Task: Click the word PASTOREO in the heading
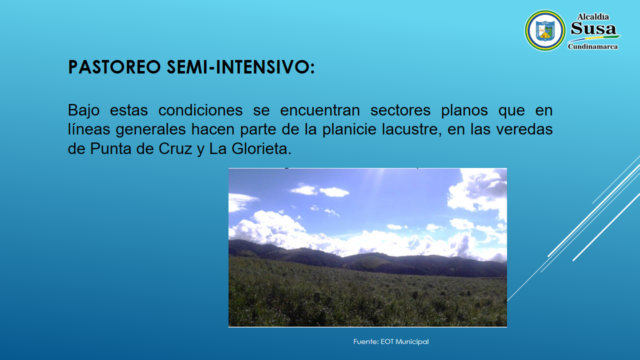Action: pos(114,67)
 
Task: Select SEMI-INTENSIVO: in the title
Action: pos(240,67)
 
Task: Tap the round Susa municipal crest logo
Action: pos(545,30)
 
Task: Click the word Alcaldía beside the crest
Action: pos(593,17)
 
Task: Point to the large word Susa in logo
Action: pos(593,29)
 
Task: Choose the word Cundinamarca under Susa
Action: pos(593,46)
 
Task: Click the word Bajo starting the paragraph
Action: pos(83,110)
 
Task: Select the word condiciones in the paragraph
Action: pos(200,110)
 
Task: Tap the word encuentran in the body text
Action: pos(320,110)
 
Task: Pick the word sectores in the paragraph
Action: pos(400,110)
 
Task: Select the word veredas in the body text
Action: pos(524,129)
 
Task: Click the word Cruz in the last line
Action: pos(175,149)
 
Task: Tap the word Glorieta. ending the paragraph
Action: pos(261,149)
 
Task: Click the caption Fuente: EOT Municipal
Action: pos(391,341)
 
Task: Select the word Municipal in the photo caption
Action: pos(412,341)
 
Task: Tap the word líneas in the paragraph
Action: pos(89,129)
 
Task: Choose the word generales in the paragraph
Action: pos(151,129)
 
